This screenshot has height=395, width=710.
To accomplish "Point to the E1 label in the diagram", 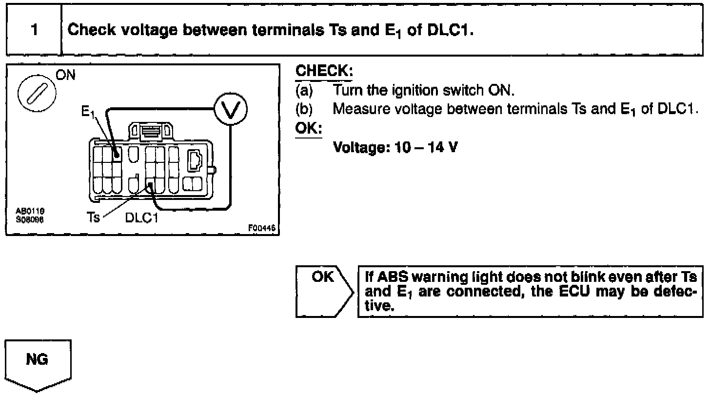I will tap(88, 113).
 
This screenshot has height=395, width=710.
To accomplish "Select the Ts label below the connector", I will tap(93, 218).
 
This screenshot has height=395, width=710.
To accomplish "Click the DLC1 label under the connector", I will tap(142, 218).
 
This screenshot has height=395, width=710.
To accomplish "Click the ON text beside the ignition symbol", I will tap(66, 76).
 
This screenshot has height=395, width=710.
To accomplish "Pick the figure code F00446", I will tap(262, 227).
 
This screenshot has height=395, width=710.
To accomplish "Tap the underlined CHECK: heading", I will tap(324, 72).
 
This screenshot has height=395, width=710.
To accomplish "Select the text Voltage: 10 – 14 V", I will tap(395, 146).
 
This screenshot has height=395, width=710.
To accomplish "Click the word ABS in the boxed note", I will tap(394, 277).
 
